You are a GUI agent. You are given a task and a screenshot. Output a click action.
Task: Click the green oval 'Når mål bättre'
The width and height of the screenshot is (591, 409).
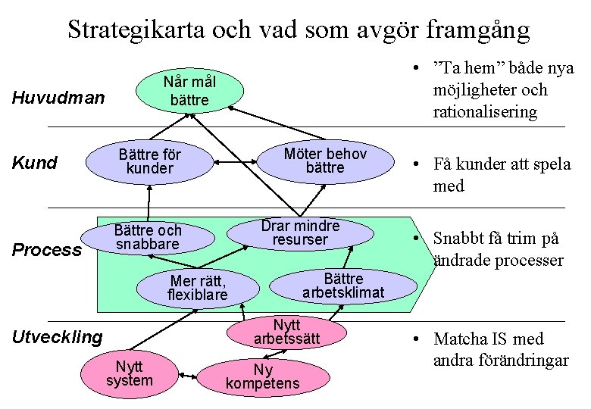(x=189, y=91)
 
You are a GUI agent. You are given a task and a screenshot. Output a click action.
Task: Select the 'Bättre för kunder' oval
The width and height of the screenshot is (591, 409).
(x=149, y=160)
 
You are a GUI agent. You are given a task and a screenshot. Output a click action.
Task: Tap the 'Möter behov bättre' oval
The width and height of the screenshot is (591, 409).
(x=324, y=160)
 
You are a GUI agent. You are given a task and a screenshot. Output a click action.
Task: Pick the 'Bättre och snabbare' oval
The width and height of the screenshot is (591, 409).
(x=148, y=236)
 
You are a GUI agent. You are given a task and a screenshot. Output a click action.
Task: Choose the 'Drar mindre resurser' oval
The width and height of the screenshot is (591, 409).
(x=301, y=233)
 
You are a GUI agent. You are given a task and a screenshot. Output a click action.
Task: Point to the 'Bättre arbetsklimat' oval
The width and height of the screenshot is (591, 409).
(x=343, y=285)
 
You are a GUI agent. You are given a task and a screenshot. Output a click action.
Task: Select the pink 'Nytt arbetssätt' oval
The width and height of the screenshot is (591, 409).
(x=287, y=332)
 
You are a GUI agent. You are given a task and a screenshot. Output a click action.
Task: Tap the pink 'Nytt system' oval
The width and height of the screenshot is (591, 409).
(x=130, y=373)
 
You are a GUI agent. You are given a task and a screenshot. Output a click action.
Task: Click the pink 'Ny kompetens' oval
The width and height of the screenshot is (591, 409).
(x=263, y=376)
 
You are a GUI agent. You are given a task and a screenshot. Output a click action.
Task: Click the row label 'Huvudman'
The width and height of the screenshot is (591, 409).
(x=58, y=98)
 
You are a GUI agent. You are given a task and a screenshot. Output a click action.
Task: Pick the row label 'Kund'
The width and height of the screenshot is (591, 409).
(x=35, y=163)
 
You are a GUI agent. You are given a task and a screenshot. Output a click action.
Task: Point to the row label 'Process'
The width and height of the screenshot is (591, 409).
(x=47, y=250)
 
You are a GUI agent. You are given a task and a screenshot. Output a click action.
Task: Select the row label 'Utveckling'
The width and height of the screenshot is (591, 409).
(x=58, y=337)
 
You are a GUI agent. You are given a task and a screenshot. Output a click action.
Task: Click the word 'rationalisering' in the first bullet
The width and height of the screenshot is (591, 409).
(x=485, y=112)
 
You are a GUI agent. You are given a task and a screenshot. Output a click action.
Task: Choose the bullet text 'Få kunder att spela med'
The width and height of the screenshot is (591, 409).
(x=502, y=175)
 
